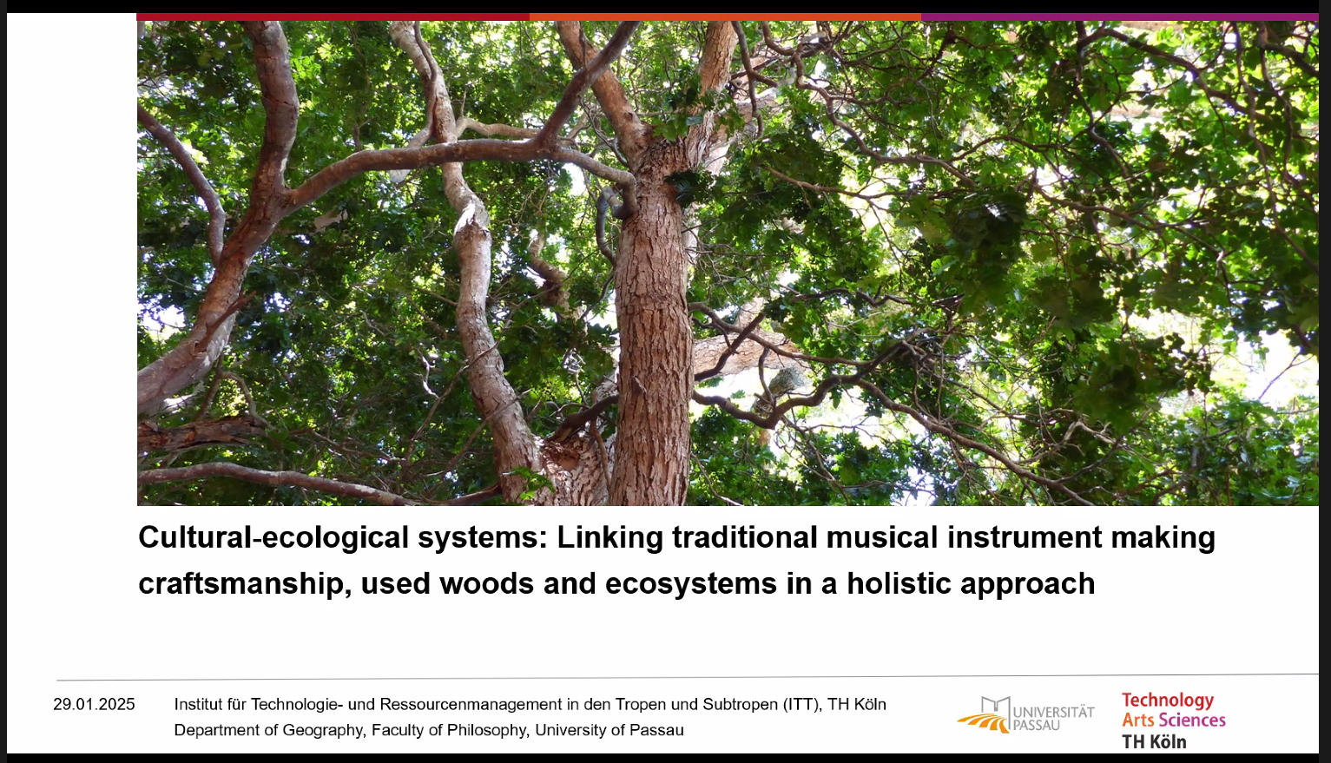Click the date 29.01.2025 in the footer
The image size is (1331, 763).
94,705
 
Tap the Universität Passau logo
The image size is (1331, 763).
1025,715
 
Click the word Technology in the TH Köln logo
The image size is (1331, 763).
1168,701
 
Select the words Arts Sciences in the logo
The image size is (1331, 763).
1174,720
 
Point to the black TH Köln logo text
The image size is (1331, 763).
1154,741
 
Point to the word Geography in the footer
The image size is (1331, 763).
323,730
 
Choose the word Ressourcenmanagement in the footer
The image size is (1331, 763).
471,705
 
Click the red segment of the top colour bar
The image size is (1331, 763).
333,17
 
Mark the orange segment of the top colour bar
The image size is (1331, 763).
726,17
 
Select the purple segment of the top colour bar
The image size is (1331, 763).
1120,17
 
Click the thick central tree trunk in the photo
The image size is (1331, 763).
652,332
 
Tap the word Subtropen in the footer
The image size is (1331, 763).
740,705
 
